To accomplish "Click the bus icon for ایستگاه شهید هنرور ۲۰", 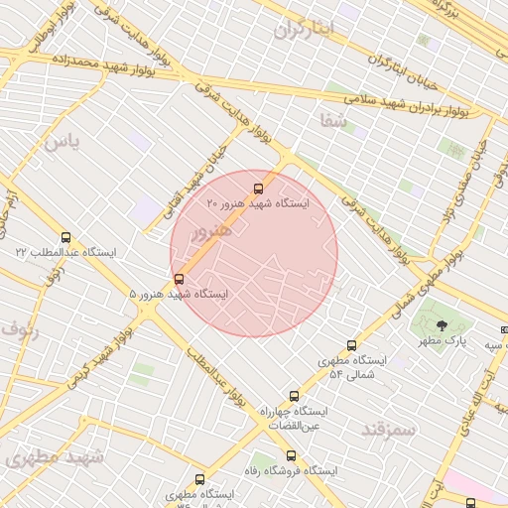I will coord(259,188).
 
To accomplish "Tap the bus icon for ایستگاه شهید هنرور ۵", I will coord(179,279).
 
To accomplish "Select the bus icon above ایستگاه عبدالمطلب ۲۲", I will coord(66,237).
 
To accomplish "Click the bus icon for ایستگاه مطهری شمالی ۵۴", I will coord(350,344).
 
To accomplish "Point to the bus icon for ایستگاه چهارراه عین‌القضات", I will coord(293,396).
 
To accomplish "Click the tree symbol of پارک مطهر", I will coord(443,325).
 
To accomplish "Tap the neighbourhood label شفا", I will coord(333,121).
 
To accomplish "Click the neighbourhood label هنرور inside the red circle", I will coord(209,232).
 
